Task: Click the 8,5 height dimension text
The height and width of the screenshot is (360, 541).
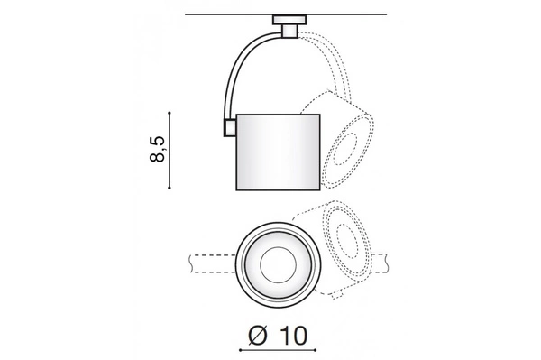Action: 159,150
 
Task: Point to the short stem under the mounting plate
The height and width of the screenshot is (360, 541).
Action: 290,32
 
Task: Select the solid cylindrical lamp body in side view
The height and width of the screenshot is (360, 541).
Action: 279,151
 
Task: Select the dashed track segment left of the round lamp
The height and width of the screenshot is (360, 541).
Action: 207,263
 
